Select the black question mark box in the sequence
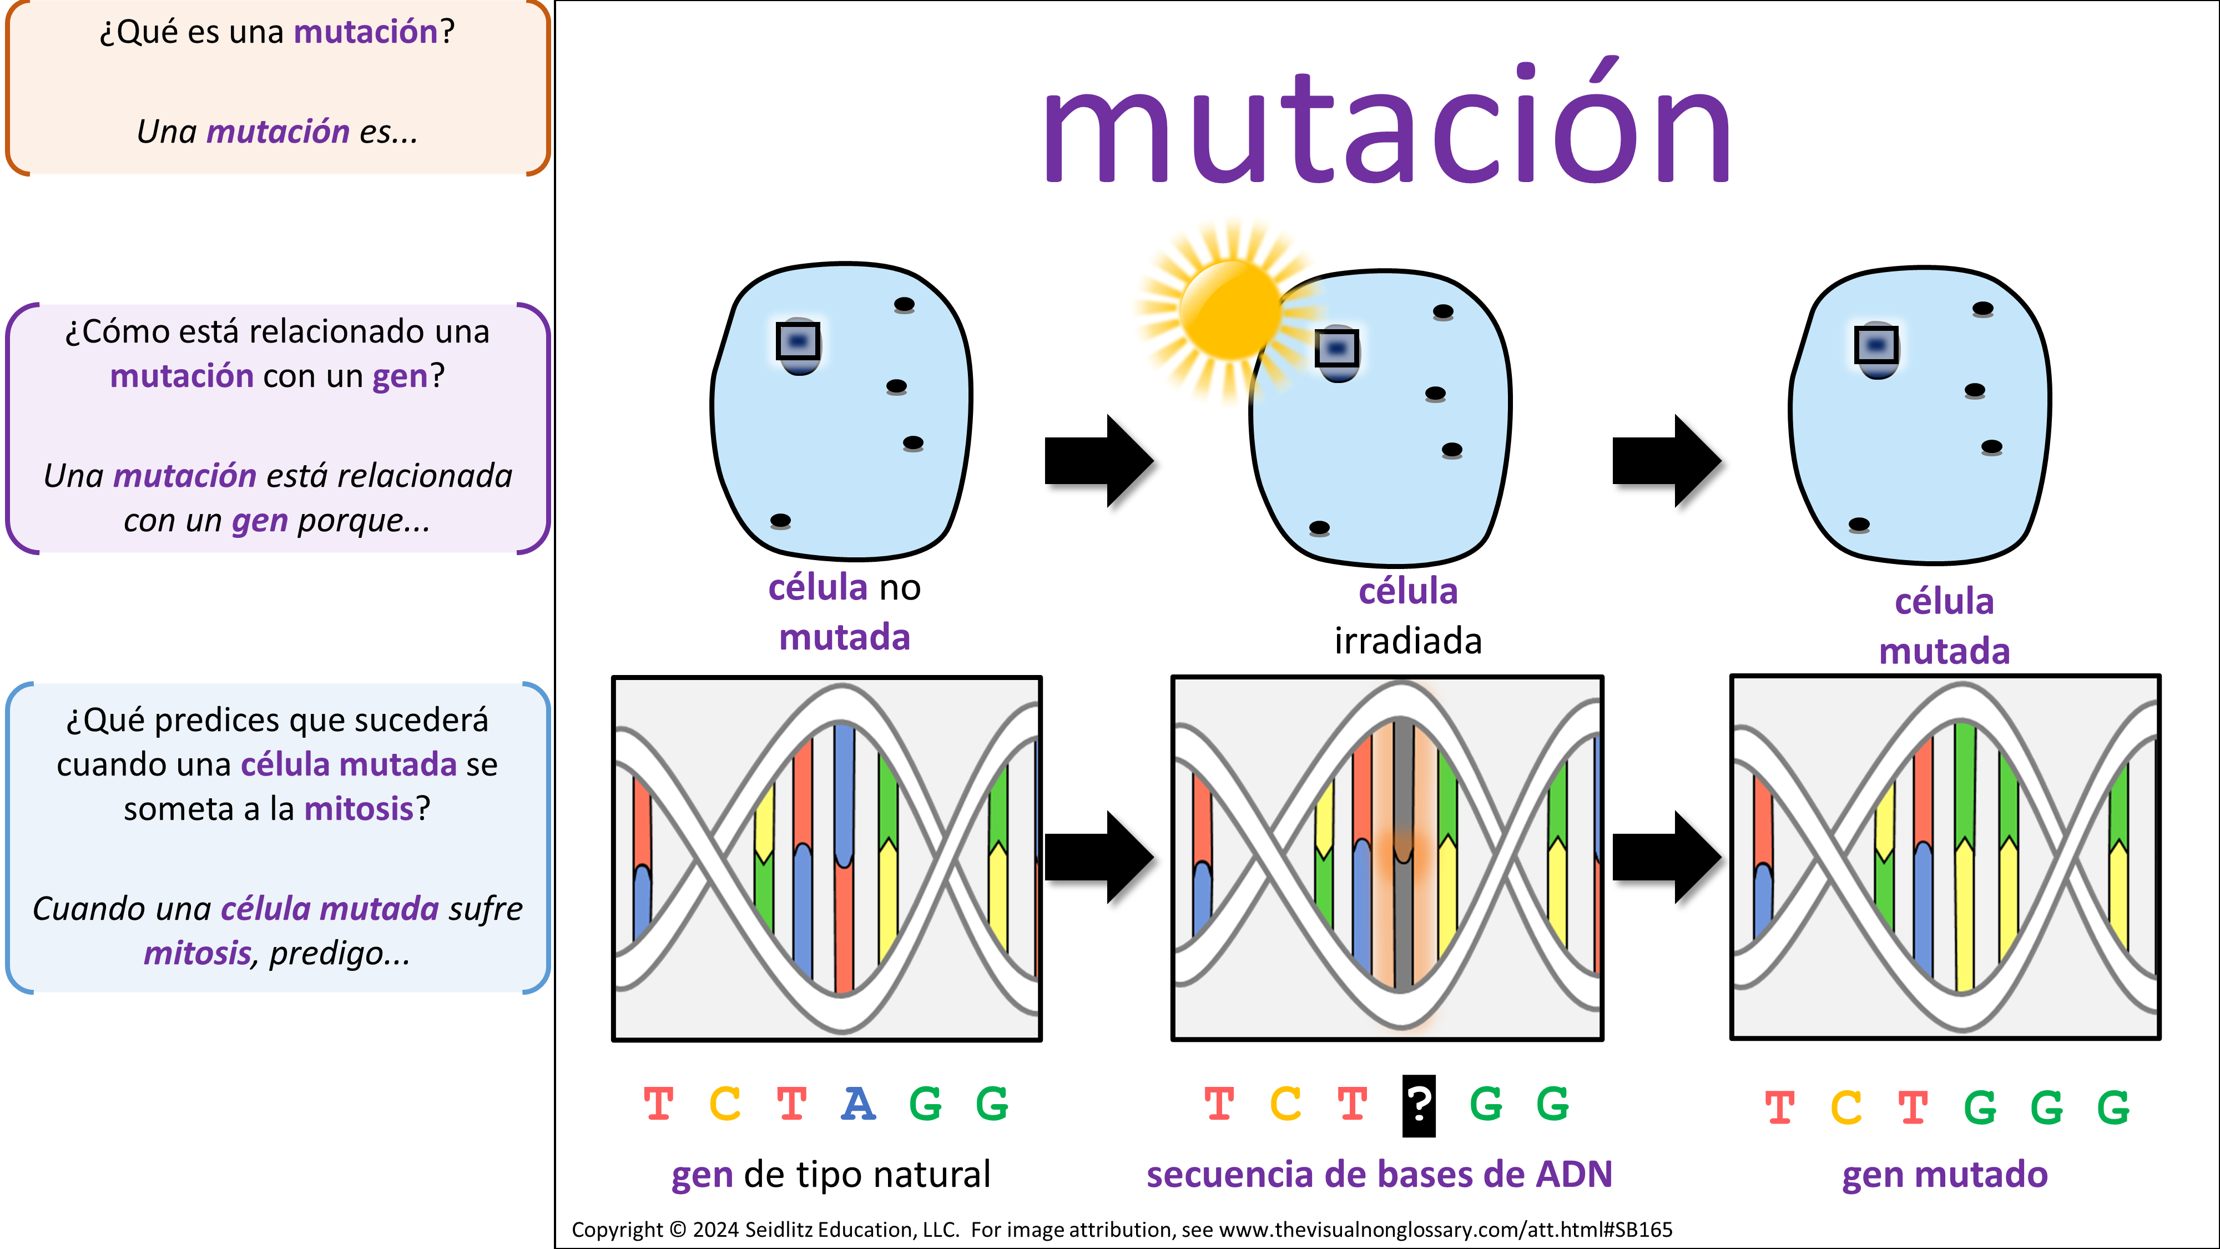click(1419, 1105)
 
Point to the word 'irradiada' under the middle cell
click(1407, 641)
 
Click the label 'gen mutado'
click(1944, 1175)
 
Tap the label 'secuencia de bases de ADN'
click(1379, 1175)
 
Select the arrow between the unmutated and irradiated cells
click(1098, 460)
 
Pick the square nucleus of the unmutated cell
click(798, 341)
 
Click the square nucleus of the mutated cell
click(1876, 346)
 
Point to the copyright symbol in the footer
click(678, 1229)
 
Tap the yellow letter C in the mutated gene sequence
click(1846, 1107)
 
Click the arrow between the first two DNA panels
click(1098, 857)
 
